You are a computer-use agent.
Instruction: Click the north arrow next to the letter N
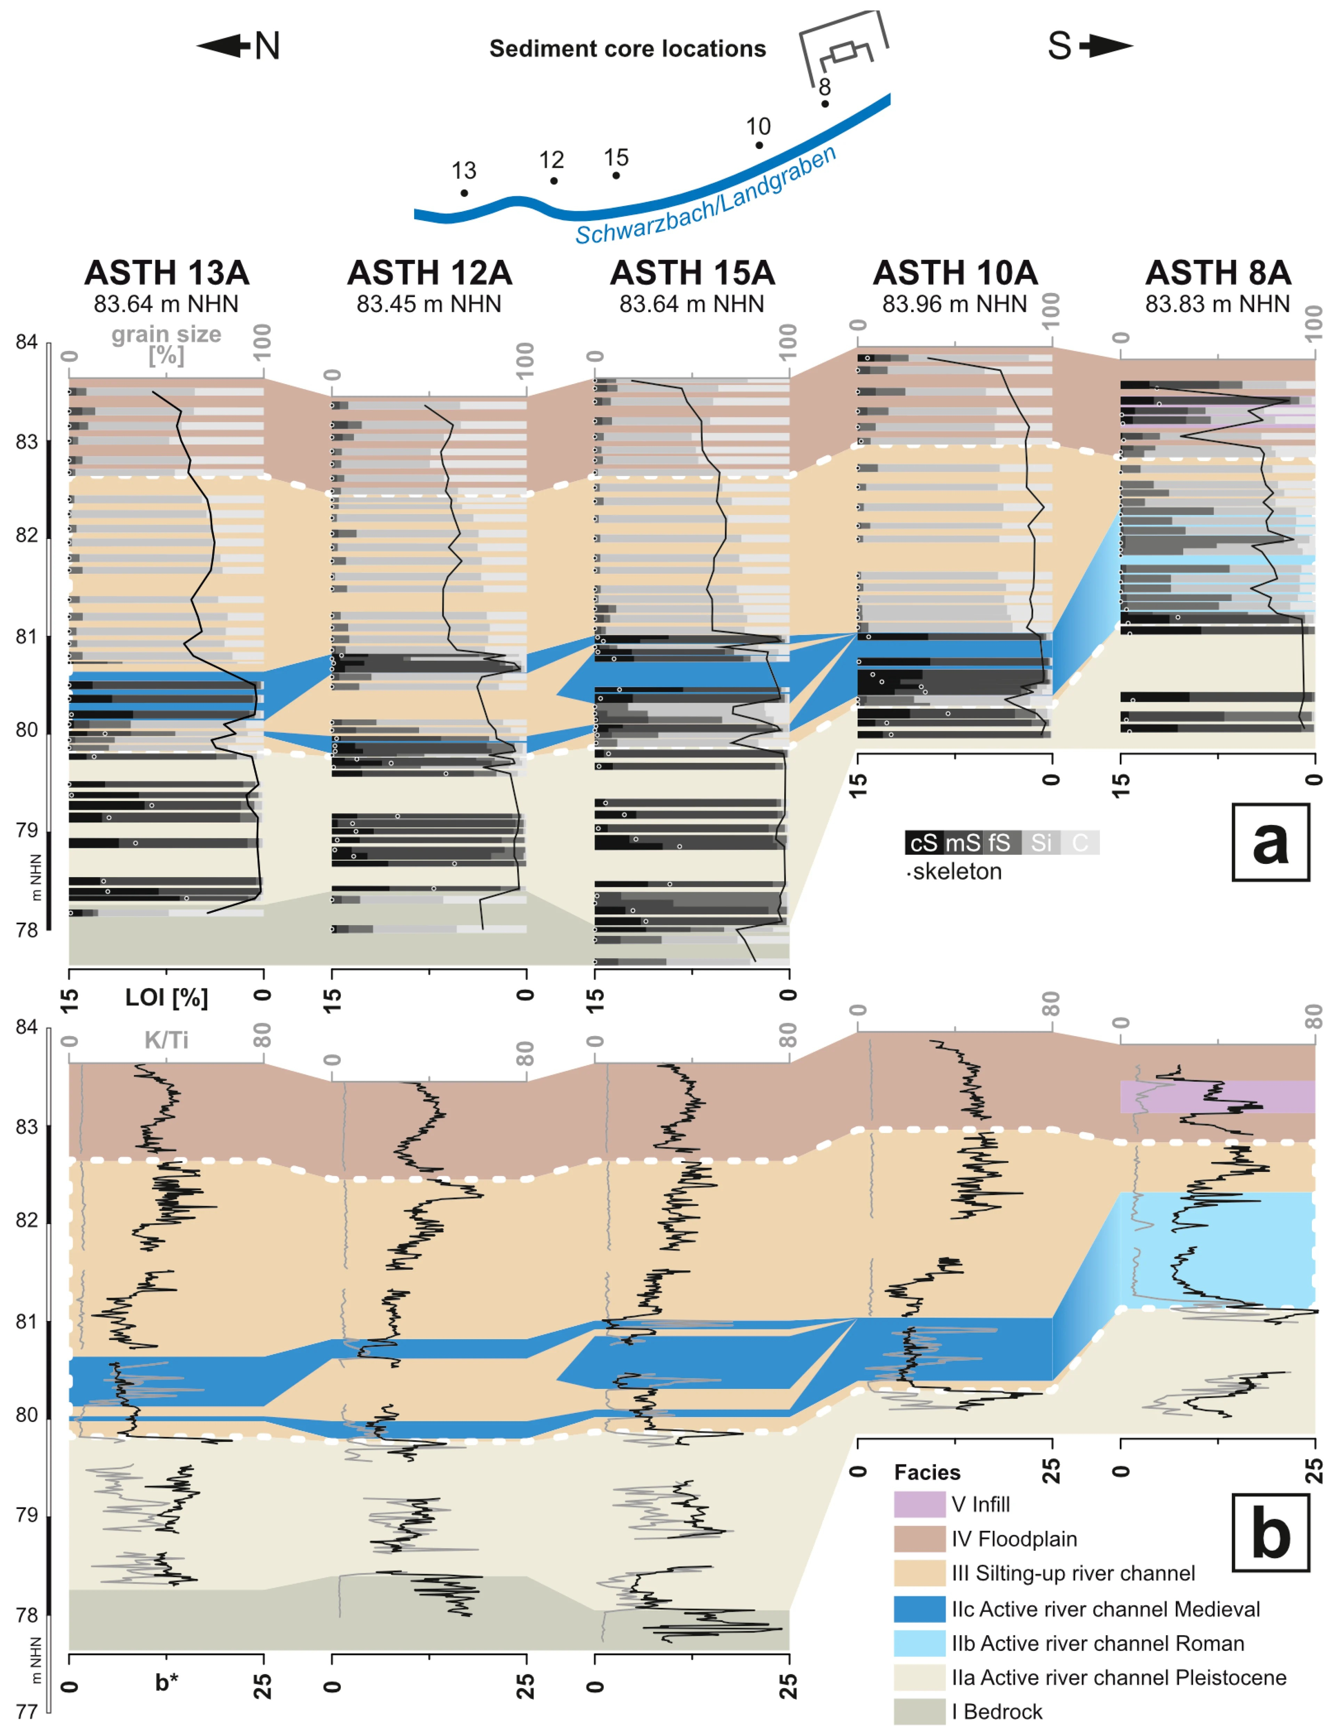point(224,46)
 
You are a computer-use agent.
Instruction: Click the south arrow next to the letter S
point(1107,46)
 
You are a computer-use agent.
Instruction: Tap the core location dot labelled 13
point(464,193)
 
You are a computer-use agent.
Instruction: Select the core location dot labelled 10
point(759,145)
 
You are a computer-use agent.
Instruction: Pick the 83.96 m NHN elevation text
point(955,304)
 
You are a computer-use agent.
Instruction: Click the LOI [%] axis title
point(167,997)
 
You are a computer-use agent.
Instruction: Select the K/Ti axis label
point(167,1040)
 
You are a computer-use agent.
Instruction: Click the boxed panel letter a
point(1270,842)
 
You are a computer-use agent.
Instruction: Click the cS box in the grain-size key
point(923,842)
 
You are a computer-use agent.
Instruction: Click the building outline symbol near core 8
point(844,48)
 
